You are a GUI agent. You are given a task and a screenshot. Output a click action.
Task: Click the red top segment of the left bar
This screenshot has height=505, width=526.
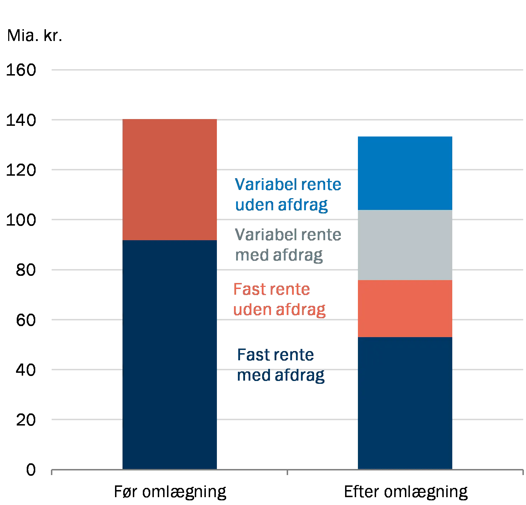pos(170,179)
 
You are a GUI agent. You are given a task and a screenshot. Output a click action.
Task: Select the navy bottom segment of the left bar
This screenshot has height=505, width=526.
pos(170,354)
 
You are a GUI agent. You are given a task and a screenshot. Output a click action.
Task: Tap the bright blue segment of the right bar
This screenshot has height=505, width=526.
pos(405,173)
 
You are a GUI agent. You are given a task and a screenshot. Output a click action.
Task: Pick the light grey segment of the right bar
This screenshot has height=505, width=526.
pos(405,245)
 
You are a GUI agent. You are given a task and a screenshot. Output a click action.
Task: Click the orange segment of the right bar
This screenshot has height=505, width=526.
pos(405,309)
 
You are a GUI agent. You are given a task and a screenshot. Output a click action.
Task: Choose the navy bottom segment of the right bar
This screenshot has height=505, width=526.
pos(405,403)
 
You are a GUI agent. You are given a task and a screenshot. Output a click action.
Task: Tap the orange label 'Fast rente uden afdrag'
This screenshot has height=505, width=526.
pos(279,300)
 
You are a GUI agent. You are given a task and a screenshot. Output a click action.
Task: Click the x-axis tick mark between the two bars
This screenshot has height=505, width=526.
pos(288,473)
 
